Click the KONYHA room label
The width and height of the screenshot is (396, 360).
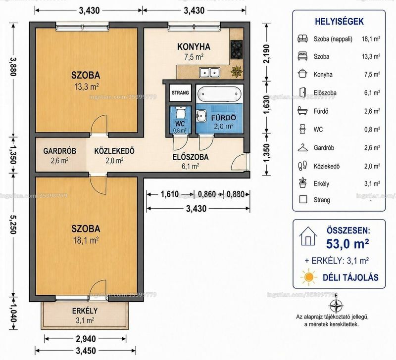click(x=194, y=47)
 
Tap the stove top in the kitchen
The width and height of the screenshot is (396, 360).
click(x=237, y=49)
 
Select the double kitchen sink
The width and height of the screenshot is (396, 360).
click(x=209, y=73)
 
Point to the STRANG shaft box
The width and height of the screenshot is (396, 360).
click(x=180, y=92)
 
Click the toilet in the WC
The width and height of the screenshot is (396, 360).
click(x=180, y=112)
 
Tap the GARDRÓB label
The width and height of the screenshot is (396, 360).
click(x=59, y=151)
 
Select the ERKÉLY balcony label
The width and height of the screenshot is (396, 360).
click(x=85, y=311)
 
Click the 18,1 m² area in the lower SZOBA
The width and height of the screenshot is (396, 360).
click(x=86, y=240)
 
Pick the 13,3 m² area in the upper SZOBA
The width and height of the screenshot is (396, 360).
click(x=86, y=87)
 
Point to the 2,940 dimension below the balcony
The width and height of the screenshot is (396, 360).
click(x=86, y=339)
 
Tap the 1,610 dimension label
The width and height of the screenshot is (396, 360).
click(x=170, y=194)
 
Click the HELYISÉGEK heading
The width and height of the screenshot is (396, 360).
click(x=339, y=21)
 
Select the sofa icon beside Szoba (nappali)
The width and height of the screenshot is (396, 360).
click(x=302, y=39)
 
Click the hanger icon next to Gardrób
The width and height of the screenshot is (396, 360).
click(x=302, y=147)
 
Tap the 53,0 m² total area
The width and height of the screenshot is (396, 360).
click(x=347, y=244)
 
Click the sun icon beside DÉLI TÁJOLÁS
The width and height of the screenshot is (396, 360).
click(x=308, y=277)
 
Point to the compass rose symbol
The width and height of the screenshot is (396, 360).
click(x=336, y=305)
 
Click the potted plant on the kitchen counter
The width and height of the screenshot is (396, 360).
click(x=237, y=71)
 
